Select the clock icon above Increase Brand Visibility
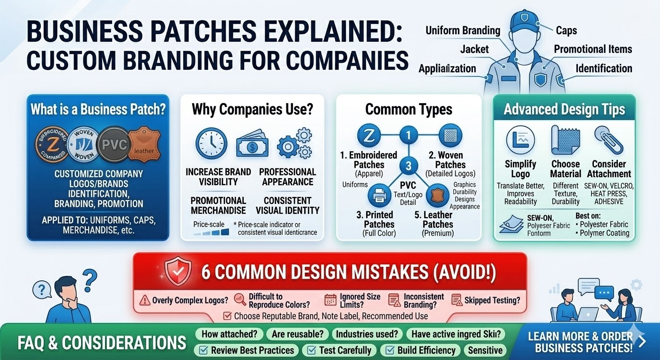click(211, 143)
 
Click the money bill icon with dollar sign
click(252, 145)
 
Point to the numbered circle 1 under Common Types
click(408, 136)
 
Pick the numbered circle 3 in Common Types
click(408, 166)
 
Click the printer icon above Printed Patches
click(379, 196)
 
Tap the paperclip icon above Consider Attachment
click(608, 140)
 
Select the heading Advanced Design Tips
click(564, 110)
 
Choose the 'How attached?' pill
click(229, 334)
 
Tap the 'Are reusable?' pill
click(297, 334)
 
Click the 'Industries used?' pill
click(367, 334)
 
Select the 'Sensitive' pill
click(485, 350)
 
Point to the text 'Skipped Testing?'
click(492, 300)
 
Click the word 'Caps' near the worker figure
click(566, 30)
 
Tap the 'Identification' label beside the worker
click(604, 68)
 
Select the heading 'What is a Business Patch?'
click(98, 110)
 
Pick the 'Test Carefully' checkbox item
click(340, 350)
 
